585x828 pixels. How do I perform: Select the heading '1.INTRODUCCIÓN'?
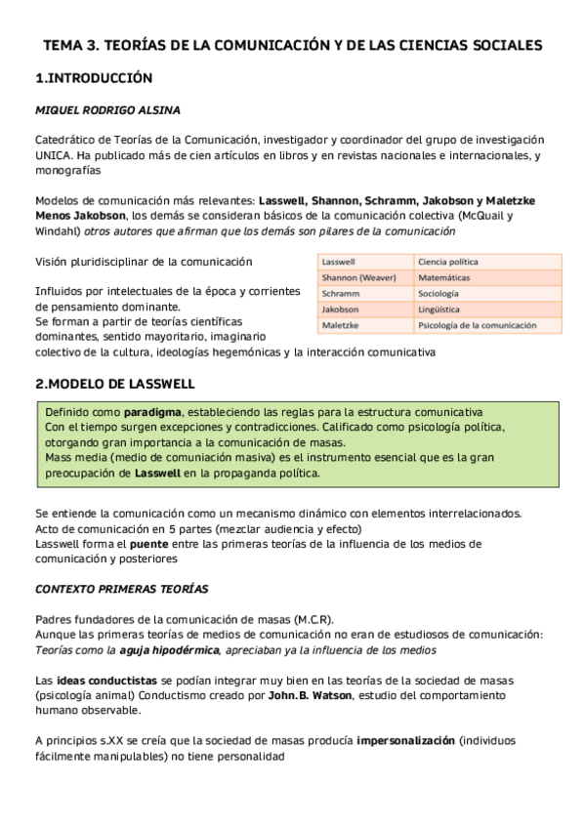click(94, 78)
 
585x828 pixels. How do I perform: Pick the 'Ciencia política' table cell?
click(448, 263)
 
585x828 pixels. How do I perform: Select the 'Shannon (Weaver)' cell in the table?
click(358, 278)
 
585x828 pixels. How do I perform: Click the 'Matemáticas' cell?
click(445, 278)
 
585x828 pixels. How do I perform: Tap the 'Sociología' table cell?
click(439, 293)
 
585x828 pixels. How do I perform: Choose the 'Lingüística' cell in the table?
click(440, 309)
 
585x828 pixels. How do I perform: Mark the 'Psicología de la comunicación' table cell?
click(476, 324)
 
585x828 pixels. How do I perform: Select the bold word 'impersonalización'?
click(418, 740)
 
